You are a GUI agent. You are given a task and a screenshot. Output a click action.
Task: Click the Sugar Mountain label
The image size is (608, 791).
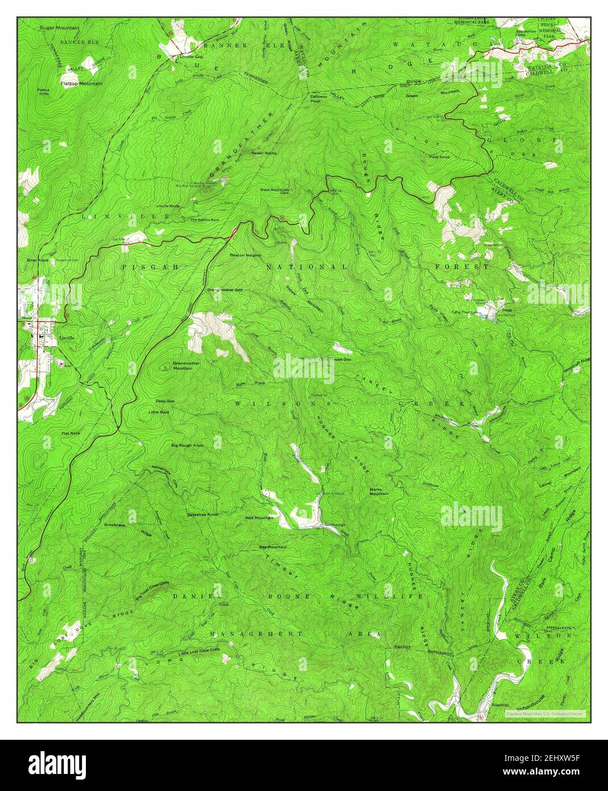[59, 27]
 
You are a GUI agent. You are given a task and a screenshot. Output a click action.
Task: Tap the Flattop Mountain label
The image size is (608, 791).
[81, 84]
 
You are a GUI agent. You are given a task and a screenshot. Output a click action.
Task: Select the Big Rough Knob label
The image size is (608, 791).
[187, 444]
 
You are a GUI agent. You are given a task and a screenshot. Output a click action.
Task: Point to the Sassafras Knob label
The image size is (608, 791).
[202, 514]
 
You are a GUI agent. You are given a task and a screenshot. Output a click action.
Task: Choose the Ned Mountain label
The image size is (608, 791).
[259, 518]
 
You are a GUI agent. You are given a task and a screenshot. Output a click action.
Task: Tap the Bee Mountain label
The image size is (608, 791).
[272, 547]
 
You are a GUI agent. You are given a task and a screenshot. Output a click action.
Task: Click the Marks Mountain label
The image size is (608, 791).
[379, 492]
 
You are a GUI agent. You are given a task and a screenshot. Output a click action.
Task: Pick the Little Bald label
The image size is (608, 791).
[159, 411]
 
